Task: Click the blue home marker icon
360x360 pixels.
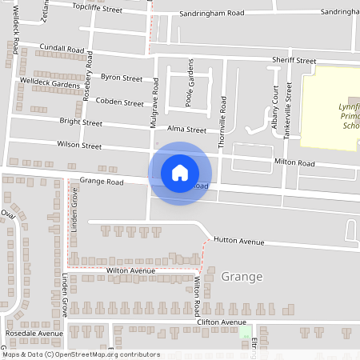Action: (180, 173)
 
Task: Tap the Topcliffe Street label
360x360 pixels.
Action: (97, 9)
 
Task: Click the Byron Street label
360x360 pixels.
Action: (122, 78)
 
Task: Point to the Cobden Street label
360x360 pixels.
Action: (118, 102)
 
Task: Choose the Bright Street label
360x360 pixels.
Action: (81, 122)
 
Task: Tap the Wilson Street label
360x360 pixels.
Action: (79, 146)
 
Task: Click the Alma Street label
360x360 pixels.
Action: (186, 130)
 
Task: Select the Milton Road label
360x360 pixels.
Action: (294, 163)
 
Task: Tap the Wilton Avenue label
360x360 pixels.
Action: (130, 271)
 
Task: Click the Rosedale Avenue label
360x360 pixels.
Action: (34, 333)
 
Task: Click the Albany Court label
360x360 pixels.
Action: (274, 103)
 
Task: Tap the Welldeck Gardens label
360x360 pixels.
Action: (50, 83)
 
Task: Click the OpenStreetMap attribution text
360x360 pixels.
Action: (81, 354)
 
